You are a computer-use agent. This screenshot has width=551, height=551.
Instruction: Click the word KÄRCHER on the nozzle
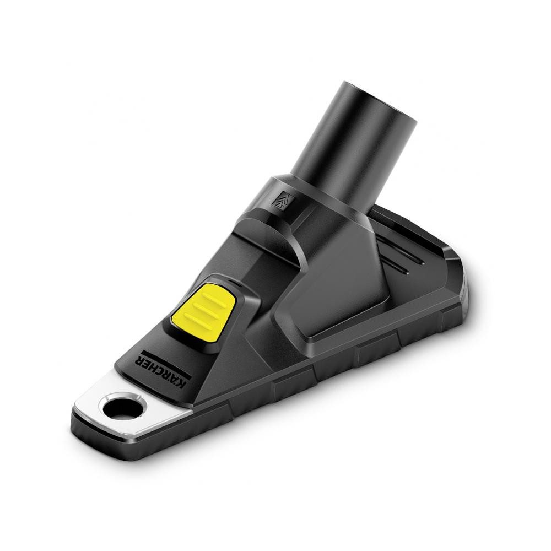pyautogui.click(x=164, y=371)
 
